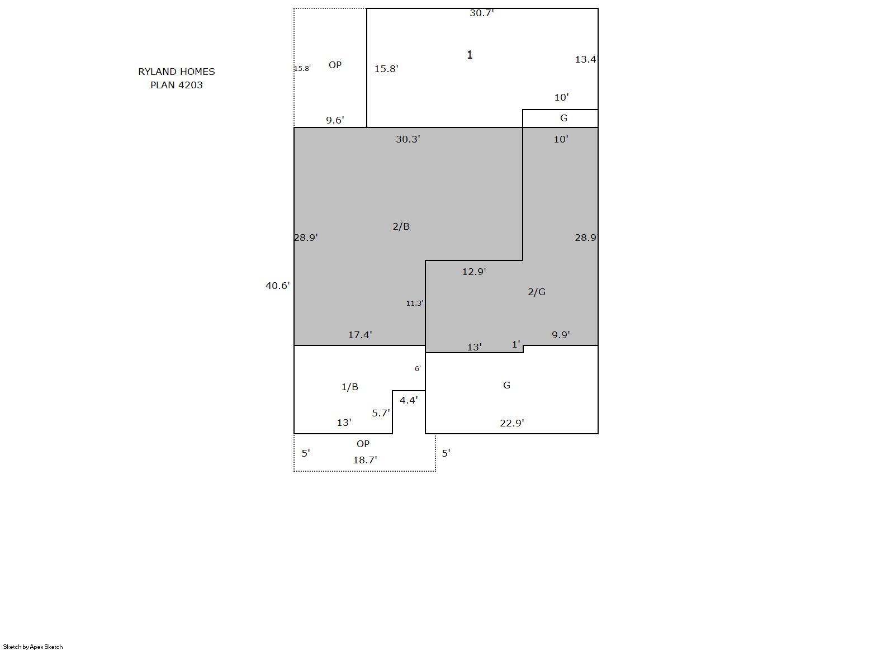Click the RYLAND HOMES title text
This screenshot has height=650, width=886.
pos(177,72)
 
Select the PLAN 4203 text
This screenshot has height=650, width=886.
pos(177,85)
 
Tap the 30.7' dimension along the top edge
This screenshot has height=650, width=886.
pos(481,13)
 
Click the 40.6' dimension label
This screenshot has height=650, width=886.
pos(277,286)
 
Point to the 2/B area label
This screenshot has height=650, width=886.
pos(401,226)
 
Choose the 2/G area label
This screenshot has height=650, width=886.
pos(536,292)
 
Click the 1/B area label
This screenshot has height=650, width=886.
pos(350,387)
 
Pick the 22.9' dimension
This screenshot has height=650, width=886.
pos(512,423)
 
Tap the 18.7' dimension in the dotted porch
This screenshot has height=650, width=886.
pos(364,460)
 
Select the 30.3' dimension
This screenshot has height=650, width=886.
pos(408,139)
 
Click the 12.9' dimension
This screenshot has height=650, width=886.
pos(474,272)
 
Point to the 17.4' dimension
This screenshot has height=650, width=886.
pos(359,335)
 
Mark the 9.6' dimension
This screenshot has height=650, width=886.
pos(335,120)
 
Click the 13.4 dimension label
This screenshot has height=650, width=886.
pos(585,59)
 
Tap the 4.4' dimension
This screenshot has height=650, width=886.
pos(409,400)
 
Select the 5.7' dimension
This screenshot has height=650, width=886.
pos(381,413)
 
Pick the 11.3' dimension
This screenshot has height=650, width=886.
pos(415,303)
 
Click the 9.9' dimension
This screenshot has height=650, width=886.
pos(561,335)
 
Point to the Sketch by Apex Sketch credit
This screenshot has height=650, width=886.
pos(33,647)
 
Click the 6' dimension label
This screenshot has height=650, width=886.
pos(418,368)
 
